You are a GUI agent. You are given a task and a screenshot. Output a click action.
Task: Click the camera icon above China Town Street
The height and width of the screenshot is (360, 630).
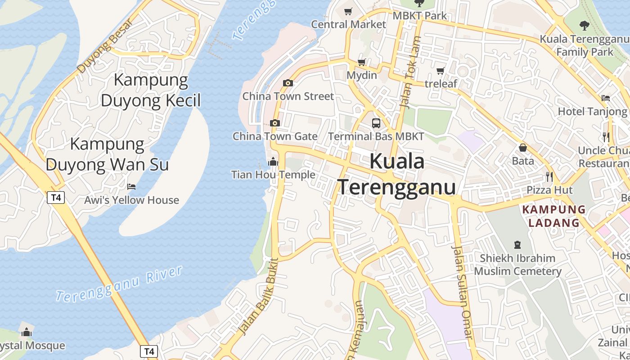[x=288, y=83]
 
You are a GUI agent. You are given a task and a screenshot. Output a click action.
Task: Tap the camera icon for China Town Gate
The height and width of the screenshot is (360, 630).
[x=274, y=123]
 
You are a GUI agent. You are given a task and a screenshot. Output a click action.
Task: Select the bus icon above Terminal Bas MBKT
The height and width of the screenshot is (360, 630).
[x=376, y=123]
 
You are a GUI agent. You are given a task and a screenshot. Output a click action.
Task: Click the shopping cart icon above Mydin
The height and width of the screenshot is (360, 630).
[x=362, y=62]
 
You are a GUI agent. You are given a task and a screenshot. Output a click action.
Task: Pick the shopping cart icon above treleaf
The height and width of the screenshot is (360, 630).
[x=441, y=71]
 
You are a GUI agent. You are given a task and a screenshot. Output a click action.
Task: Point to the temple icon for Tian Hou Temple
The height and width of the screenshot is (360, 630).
[x=273, y=162]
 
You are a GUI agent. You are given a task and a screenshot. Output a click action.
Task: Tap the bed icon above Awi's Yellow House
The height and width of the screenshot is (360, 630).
[x=131, y=186]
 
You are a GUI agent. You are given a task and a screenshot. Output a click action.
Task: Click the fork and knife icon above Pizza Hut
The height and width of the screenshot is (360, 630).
[x=549, y=176]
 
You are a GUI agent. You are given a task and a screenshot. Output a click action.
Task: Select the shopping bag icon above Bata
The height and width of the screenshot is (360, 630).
[x=523, y=148]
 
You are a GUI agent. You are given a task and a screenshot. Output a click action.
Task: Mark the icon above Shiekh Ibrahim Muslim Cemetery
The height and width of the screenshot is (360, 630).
[x=517, y=245]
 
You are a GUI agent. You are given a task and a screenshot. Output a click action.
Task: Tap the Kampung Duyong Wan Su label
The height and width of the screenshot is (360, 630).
[x=107, y=154]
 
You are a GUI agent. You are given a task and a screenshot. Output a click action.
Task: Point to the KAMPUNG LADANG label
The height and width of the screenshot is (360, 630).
[x=554, y=216]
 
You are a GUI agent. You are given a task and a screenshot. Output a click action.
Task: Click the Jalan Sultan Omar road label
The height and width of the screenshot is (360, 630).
[x=462, y=292]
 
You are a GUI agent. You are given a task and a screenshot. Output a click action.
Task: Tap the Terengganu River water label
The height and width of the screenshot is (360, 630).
[x=119, y=283]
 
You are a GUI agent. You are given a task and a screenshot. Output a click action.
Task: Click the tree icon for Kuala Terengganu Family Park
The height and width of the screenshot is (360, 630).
[x=585, y=25]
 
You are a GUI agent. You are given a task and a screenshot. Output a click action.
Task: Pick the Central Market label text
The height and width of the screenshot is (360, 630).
[x=349, y=24]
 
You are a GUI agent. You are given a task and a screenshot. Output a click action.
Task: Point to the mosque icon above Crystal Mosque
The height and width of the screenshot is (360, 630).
[x=27, y=333]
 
